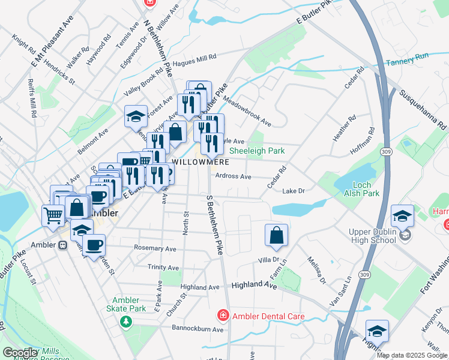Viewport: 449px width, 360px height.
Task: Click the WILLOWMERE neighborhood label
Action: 199,163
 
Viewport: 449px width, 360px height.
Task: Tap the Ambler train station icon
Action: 62,245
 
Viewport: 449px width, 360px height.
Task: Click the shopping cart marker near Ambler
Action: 53,214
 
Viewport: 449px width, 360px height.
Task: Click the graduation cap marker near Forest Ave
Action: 136,115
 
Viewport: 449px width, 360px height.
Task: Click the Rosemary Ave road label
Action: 155,248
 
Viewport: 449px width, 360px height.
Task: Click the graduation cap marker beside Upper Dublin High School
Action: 402,215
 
